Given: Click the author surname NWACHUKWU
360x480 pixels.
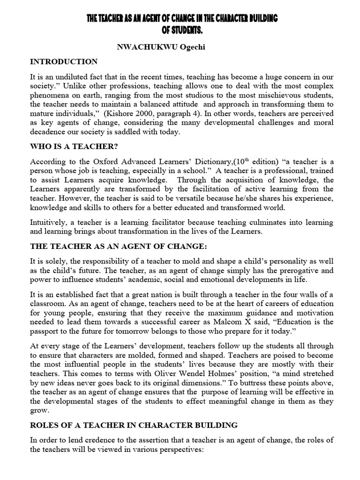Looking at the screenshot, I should pos(139,47).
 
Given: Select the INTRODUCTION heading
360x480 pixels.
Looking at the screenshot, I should pos(64,62).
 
